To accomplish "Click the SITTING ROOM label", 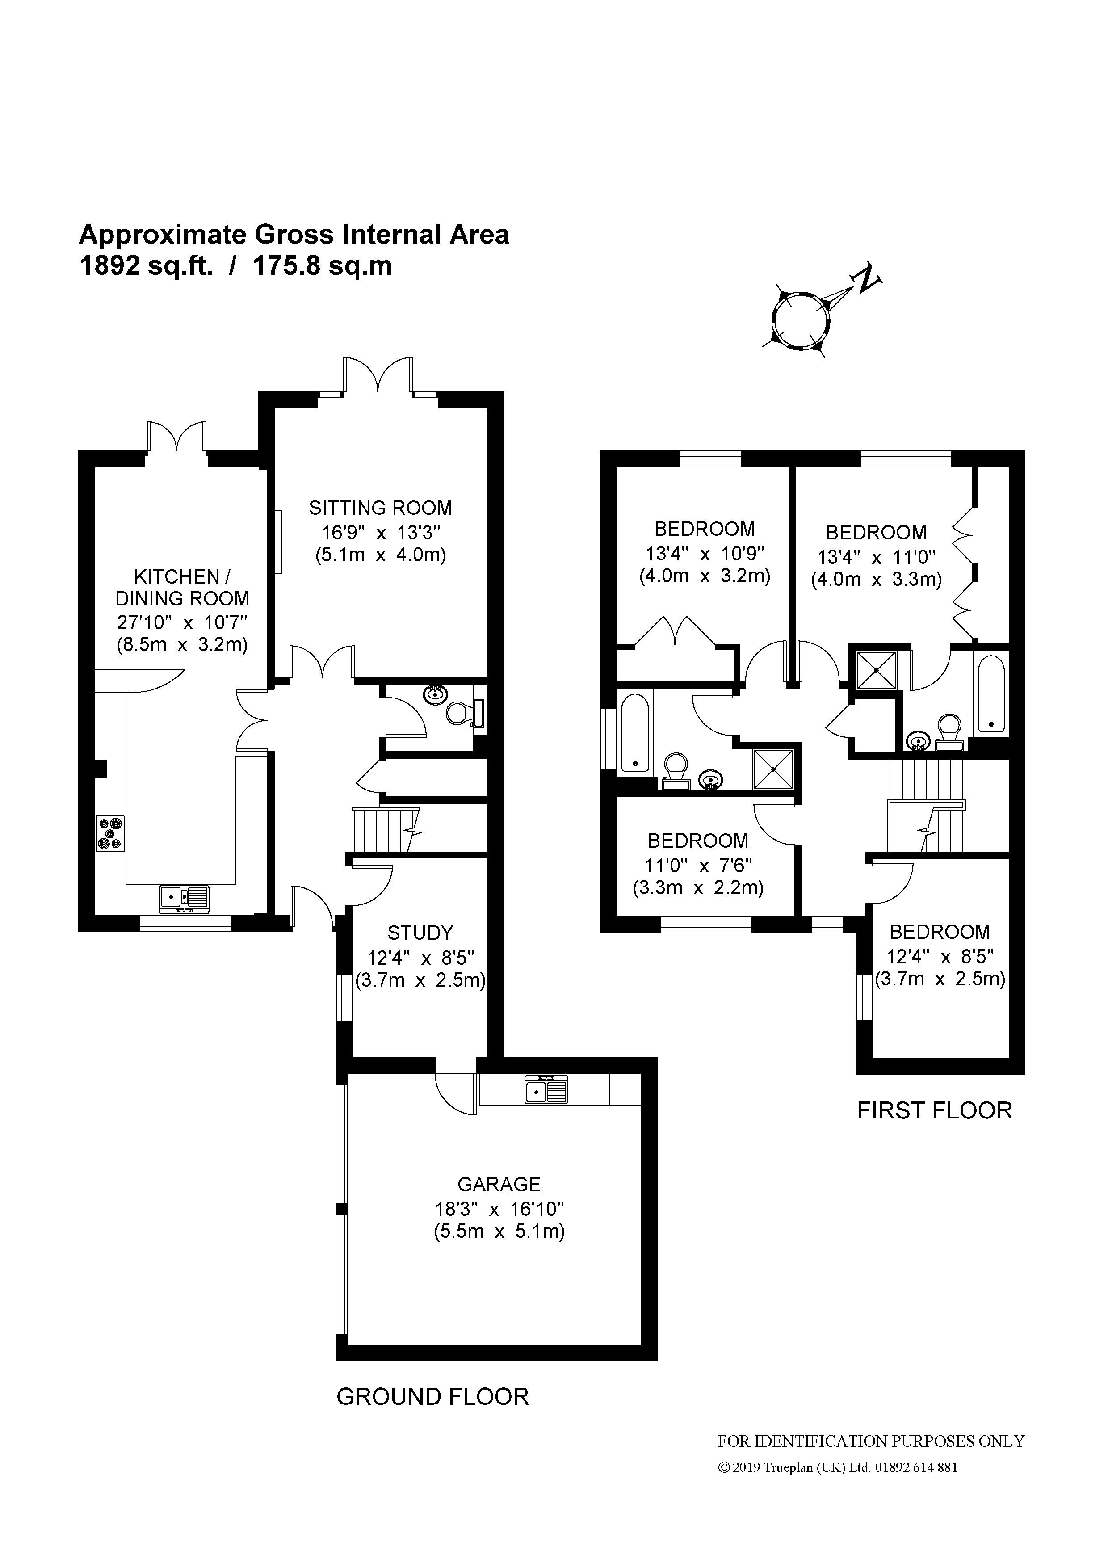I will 380,508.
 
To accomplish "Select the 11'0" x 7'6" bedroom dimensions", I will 698,865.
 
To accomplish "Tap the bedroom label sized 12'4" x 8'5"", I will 940,932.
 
